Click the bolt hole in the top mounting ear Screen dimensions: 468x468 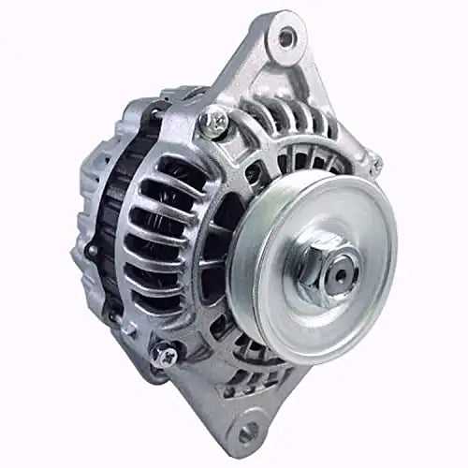point(285,37)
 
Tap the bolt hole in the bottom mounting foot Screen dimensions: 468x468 point(247,432)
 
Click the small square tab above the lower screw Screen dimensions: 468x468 point(154,332)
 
